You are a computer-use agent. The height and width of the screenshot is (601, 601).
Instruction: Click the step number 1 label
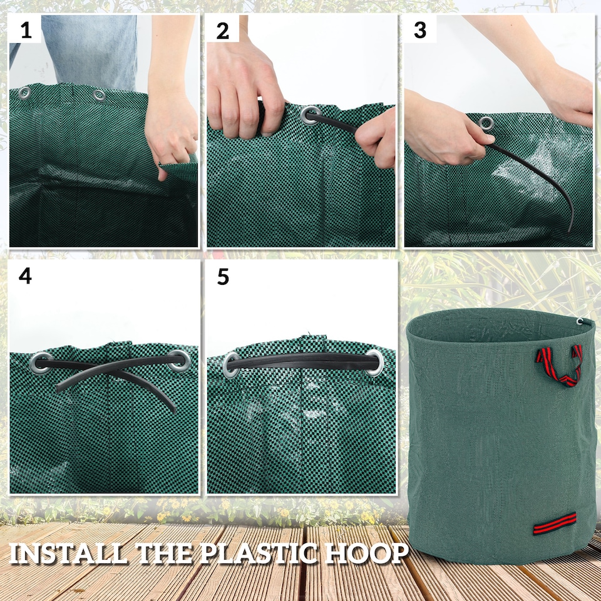(26, 29)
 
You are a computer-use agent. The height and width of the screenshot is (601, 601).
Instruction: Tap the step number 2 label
(222, 30)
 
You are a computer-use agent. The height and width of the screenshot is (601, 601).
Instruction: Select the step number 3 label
(420, 30)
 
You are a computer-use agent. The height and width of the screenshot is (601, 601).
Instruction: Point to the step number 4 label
(25, 276)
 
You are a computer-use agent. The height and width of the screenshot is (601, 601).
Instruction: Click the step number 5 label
(223, 277)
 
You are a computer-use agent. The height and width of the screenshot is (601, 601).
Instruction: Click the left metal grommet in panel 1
(24, 93)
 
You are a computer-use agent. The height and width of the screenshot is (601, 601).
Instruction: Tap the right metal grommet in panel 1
(99, 95)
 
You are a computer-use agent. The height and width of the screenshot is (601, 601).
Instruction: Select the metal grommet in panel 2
(309, 115)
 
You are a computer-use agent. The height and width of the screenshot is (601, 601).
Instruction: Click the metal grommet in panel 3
(486, 123)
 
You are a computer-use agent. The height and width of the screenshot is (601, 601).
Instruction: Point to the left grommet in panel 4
(42, 361)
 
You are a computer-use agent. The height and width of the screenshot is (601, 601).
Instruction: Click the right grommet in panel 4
(179, 359)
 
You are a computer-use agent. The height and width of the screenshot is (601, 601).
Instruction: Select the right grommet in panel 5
(375, 362)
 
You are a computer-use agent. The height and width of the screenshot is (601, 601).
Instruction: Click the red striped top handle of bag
(559, 365)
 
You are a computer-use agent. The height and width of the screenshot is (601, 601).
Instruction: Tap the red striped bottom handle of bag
(555, 523)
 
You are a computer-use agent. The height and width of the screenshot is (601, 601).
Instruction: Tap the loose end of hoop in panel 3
(568, 228)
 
